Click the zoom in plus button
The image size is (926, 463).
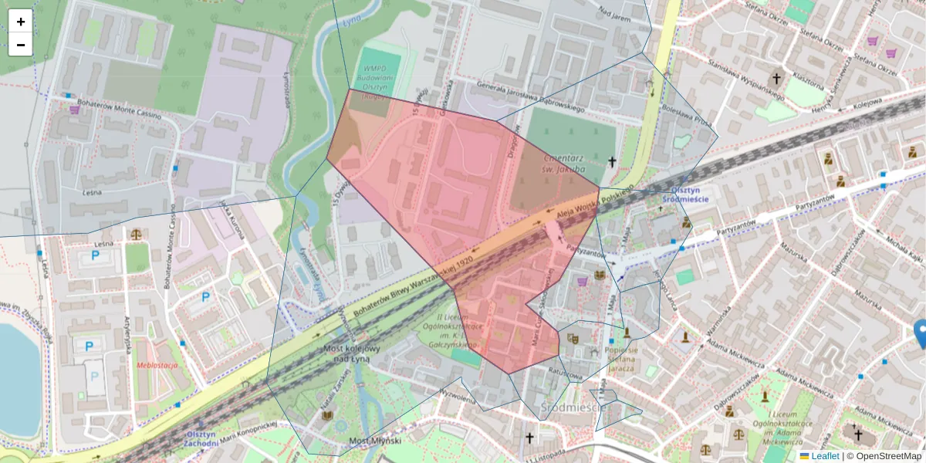coord(21,22)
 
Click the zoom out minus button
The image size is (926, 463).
coord(21,45)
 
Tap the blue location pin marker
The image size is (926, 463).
coord(920,333)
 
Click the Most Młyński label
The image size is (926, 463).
coord(375,440)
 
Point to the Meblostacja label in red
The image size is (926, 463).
coord(157,365)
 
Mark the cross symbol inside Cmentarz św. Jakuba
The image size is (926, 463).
coord(612,161)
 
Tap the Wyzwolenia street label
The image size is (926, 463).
coord(436,395)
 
